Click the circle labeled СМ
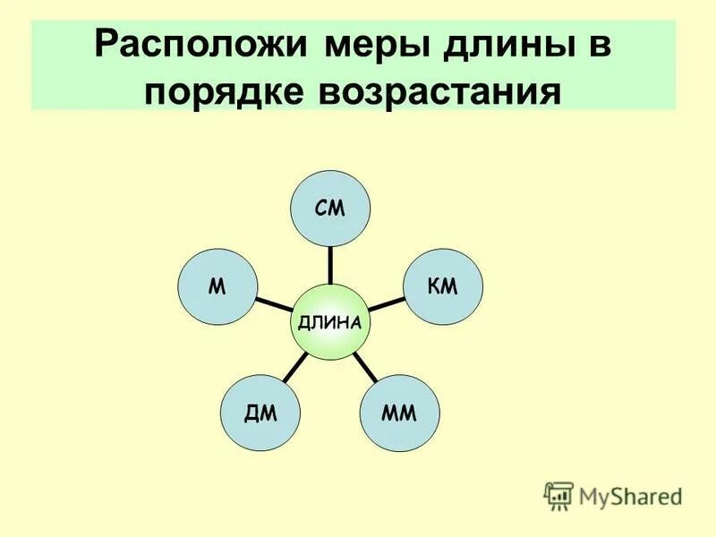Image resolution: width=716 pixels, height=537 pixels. (x=330, y=209)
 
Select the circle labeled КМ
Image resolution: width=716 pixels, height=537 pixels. (x=444, y=286)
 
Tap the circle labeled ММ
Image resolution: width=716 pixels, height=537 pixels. (x=400, y=412)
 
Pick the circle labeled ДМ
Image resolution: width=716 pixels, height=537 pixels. (x=261, y=412)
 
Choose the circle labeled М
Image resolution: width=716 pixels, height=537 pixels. (x=217, y=286)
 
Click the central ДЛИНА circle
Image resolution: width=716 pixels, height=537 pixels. (x=330, y=320)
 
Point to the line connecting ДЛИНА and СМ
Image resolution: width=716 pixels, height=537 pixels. (x=330, y=264)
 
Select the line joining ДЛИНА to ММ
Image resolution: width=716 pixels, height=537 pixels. (x=365, y=365)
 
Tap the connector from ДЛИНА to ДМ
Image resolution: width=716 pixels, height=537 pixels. (x=296, y=366)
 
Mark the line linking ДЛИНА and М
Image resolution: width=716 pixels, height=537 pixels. (x=272, y=303)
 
